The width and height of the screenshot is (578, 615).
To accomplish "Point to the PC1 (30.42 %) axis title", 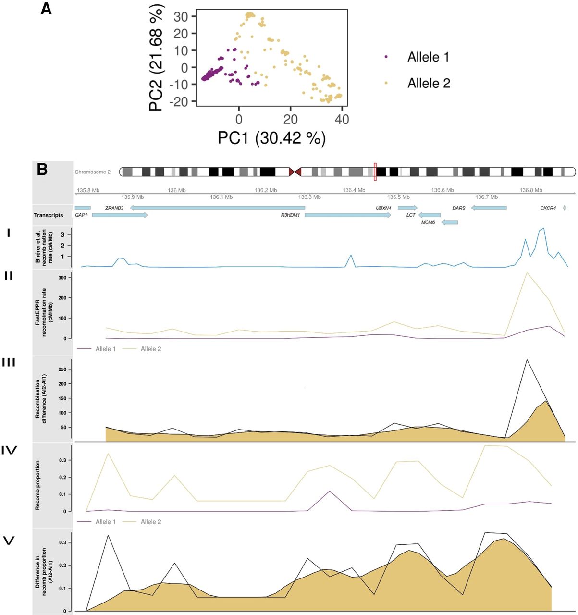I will coord(271,138).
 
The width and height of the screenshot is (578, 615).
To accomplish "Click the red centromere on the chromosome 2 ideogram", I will coord(295,172).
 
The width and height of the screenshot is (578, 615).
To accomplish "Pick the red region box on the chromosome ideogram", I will coord(375,172).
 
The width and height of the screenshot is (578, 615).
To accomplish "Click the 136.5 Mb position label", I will coord(398,197).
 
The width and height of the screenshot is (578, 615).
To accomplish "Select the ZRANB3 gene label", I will coord(114,208).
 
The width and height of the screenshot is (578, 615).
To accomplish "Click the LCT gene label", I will coord(411,215).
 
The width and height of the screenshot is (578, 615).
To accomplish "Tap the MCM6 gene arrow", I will coord(449,222).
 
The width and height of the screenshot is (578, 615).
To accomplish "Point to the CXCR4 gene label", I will coord(548,208).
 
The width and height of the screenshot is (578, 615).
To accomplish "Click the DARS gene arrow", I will coord(489,208).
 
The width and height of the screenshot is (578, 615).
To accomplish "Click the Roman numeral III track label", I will coord(9,362).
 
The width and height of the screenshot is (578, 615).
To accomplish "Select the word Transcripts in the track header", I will coord(49,215).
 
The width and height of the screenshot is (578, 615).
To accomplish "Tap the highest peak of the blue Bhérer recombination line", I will coord(543,228).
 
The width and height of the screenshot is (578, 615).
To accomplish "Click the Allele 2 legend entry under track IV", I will coord(151,521).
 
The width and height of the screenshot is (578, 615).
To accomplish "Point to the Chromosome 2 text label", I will coord(93,172).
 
